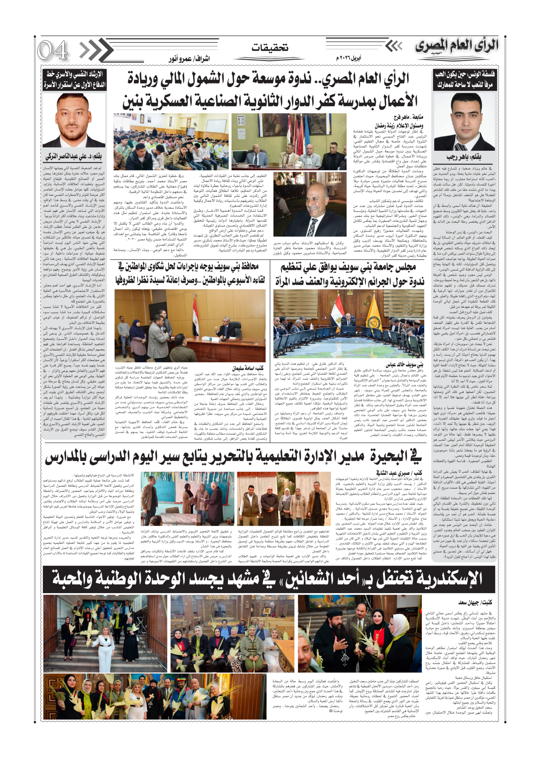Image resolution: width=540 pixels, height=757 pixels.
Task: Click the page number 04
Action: pos(53,51)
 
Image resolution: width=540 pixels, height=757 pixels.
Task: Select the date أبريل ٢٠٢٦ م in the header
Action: pos(349,58)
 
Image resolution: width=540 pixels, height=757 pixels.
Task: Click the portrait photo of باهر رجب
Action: pos(464,122)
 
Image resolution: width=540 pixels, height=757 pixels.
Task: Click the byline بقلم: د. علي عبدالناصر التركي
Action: pos(74,156)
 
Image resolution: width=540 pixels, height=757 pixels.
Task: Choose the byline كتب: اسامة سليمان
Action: pos(248,368)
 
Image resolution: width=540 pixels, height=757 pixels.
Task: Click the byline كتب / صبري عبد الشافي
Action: pos(398,473)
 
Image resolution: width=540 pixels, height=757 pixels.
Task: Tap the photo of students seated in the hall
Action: pos(171,142)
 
